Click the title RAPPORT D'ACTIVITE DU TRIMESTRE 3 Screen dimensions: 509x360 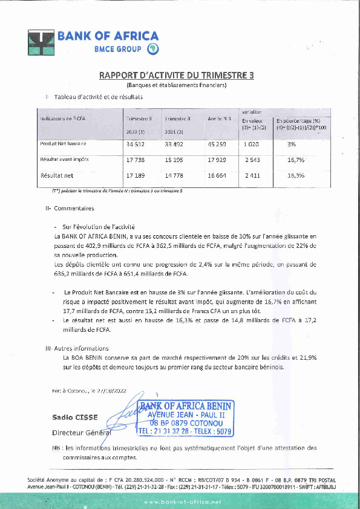tap(177, 76)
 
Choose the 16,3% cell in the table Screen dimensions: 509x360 tap(296, 175)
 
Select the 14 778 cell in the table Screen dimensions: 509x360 tap(177, 175)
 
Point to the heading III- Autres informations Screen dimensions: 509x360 tap(77, 349)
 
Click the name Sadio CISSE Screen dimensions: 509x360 tap(71, 417)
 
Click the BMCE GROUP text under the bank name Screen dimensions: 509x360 tap(118, 48)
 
